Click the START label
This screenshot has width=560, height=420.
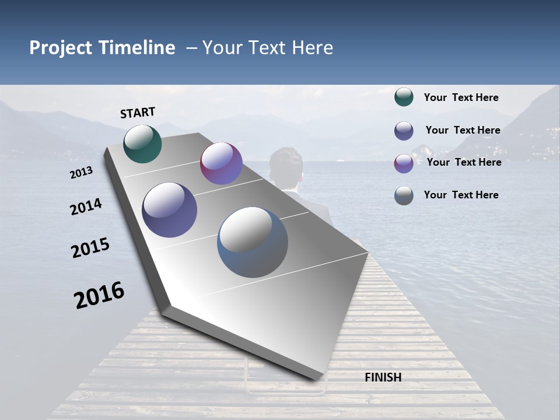(x=138, y=113)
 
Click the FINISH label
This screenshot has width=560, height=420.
(x=383, y=377)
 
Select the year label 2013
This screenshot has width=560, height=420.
(x=81, y=173)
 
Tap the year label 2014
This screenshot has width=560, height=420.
(x=86, y=207)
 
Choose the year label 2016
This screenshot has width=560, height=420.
(x=99, y=295)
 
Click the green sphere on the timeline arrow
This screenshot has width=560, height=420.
(x=142, y=143)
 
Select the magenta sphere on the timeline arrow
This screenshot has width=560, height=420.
(x=221, y=163)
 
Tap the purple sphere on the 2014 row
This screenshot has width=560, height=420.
(x=170, y=210)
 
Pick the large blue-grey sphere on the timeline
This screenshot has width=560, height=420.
(x=253, y=242)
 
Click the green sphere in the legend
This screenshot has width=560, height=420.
(x=404, y=97)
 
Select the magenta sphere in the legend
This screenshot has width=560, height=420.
(x=404, y=163)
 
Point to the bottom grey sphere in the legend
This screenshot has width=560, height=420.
(x=404, y=195)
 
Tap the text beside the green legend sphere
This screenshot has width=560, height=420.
(x=461, y=97)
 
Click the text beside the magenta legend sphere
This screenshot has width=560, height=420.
(x=464, y=162)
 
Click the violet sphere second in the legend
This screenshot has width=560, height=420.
(x=404, y=131)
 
